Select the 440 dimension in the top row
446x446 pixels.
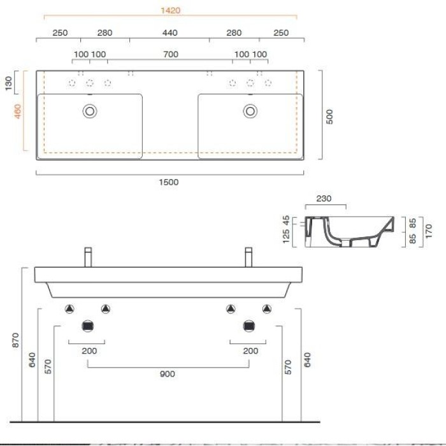coord(169,32)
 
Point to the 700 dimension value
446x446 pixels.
coord(170,54)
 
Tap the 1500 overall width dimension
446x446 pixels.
coord(169,182)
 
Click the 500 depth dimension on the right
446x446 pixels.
coord(329,116)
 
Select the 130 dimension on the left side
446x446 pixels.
coord(8,83)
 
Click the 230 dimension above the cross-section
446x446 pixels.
coord(325,198)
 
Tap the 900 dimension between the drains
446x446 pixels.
coord(168,374)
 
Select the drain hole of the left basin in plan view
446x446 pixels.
coord(90,111)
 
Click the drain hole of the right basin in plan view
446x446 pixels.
coord(250,111)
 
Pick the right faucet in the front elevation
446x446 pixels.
coord(250,257)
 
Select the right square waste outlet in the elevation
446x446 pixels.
coord(248,326)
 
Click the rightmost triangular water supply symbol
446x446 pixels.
coord(266,309)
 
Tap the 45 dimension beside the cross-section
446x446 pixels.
coord(286,220)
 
